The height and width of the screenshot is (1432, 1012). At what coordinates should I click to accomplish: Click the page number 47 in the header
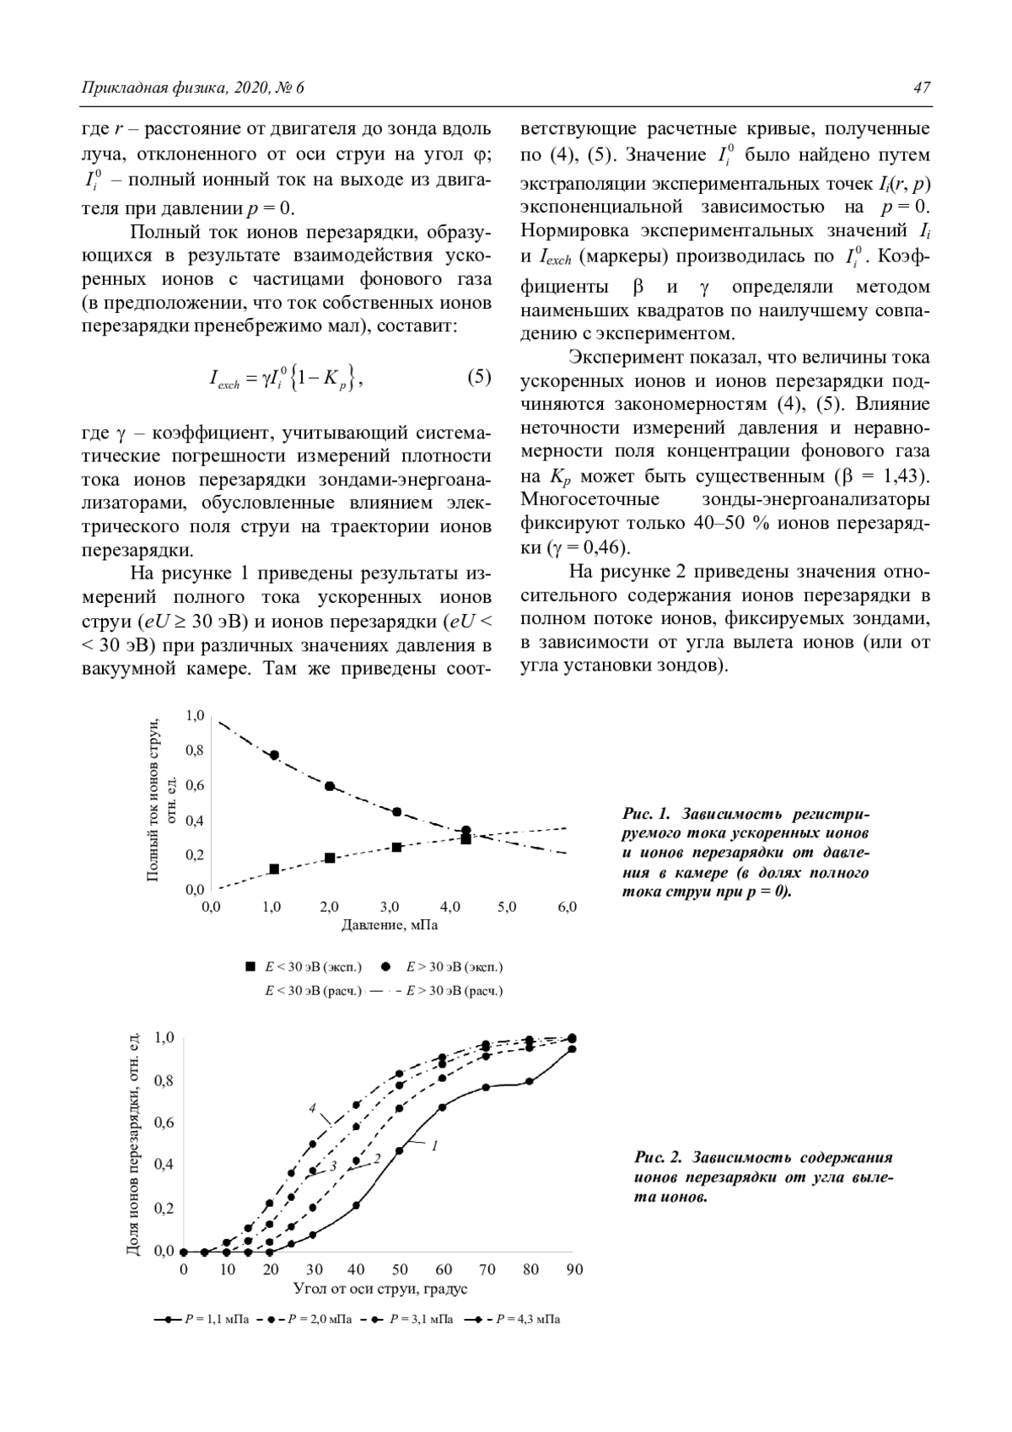click(x=921, y=89)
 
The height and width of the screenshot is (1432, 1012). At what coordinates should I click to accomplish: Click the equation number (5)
click(x=479, y=377)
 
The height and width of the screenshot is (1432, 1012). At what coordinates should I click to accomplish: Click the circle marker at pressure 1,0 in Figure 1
click(x=274, y=755)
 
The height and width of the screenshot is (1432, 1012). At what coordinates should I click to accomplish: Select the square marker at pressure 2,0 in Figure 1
click(x=330, y=858)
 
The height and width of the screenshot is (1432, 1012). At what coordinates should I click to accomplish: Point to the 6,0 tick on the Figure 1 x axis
click(x=568, y=907)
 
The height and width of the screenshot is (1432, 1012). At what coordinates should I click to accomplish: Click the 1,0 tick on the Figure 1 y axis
click(x=195, y=716)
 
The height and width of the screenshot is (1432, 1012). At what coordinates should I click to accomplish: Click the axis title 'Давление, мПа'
click(x=390, y=925)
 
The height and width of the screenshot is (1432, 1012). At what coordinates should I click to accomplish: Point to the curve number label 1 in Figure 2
click(x=434, y=1145)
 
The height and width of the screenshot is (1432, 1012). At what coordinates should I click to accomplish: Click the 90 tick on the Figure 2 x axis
click(x=574, y=1269)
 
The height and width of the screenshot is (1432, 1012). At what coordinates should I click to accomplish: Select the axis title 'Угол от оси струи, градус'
click(x=380, y=1289)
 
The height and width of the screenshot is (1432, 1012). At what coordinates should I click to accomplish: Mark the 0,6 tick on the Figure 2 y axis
click(x=163, y=1122)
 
